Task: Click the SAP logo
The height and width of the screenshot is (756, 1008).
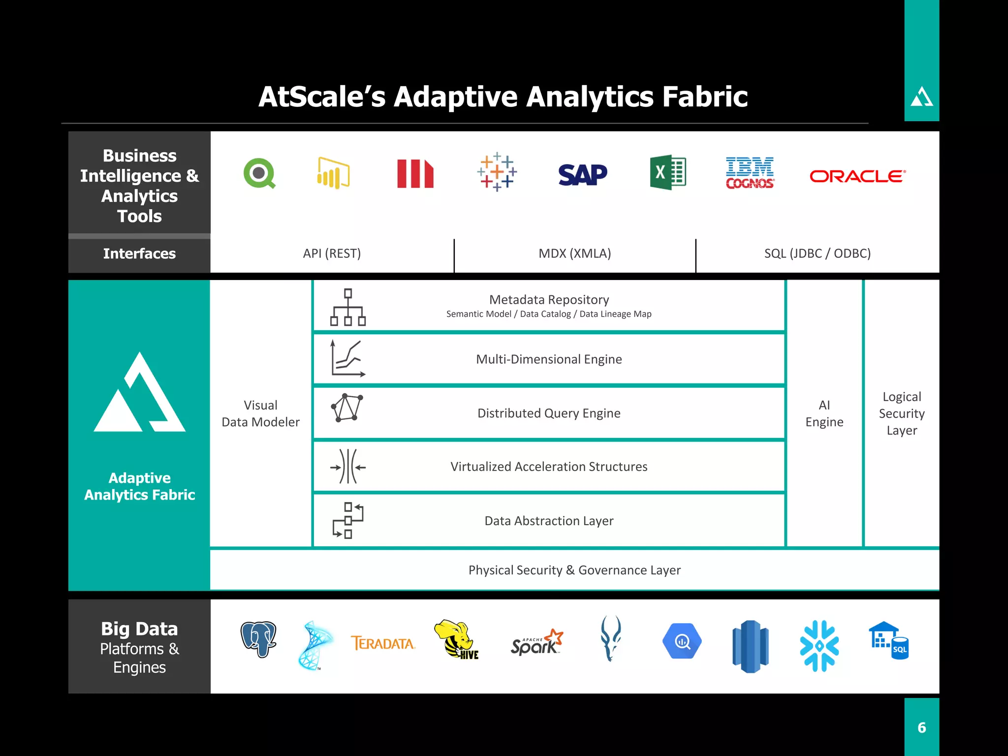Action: (x=582, y=175)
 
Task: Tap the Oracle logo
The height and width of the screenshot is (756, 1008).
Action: (x=857, y=176)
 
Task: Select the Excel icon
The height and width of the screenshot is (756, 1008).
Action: (x=668, y=172)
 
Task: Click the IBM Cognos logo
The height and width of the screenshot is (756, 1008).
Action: (x=750, y=173)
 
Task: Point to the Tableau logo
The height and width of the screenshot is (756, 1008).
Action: (x=497, y=172)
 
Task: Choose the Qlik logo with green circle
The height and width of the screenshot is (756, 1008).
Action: (x=259, y=173)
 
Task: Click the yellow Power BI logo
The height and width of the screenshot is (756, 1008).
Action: (x=333, y=173)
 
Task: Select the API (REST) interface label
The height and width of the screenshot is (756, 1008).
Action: (x=332, y=253)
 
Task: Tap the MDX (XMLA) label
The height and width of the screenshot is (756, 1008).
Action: (x=574, y=253)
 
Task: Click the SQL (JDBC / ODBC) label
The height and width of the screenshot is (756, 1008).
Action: (x=817, y=253)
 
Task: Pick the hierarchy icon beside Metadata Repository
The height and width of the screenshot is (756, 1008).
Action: (x=348, y=307)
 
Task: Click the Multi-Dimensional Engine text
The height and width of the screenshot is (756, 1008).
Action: (x=549, y=359)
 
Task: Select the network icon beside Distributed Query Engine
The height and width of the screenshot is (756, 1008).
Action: (x=347, y=408)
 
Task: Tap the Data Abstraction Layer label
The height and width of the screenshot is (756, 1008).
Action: (x=549, y=521)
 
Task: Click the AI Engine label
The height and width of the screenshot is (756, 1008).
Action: (x=824, y=413)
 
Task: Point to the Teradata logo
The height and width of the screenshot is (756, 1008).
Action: (x=383, y=643)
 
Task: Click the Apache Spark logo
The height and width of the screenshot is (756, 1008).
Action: (x=536, y=642)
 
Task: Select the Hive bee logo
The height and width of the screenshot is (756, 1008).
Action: (x=456, y=640)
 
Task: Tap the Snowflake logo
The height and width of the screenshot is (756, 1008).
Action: (x=819, y=646)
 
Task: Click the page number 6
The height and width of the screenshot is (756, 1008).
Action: (x=922, y=727)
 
